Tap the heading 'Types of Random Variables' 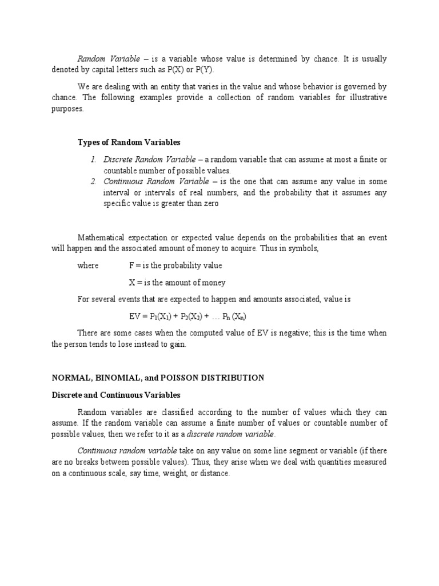pos(129,142)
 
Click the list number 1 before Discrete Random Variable pos(93,160)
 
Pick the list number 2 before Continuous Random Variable pos(93,182)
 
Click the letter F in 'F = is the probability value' pos(132,266)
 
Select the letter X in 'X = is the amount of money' pos(133,282)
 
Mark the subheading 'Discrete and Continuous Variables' pos(116,395)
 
